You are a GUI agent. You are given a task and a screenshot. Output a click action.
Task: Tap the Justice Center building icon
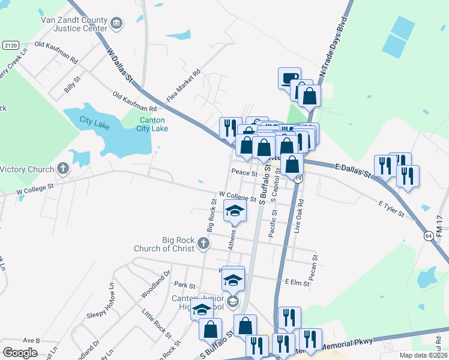(117, 24)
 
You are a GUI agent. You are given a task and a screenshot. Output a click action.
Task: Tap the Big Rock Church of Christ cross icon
(203, 244)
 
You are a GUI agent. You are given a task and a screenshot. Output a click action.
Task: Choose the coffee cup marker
(289, 77)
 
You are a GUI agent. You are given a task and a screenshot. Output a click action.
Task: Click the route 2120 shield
(10, 46)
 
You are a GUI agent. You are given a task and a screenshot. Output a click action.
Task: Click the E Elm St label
(297, 281)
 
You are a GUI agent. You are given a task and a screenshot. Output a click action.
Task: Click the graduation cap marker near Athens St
(235, 211)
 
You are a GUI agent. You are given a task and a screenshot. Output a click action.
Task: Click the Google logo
(20, 352)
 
